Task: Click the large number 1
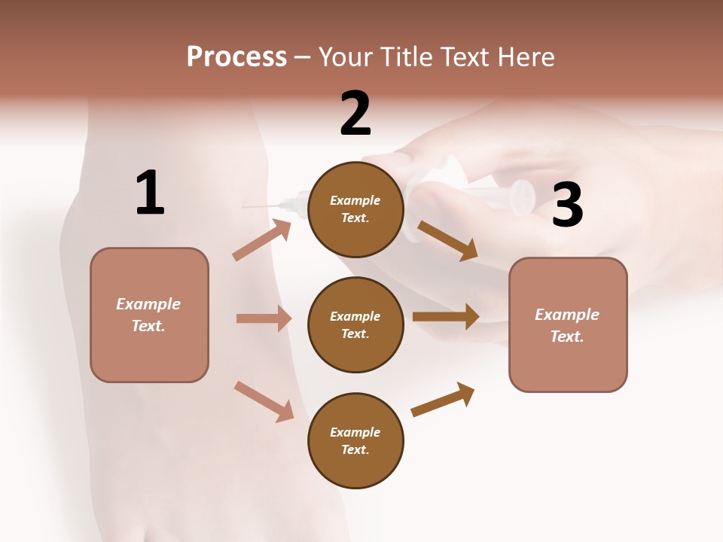[x=150, y=193]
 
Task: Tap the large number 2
[x=355, y=114]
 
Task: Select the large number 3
[x=567, y=206]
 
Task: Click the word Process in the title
[x=236, y=56]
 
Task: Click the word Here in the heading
[x=526, y=56]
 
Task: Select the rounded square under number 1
[x=149, y=315]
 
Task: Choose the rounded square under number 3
[x=568, y=324]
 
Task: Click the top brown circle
[x=355, y=209]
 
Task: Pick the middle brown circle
[x=355, y=324]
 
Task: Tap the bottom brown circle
[x=355, y=440]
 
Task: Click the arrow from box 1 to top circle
[x=261, y=240]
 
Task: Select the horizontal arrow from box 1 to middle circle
[x=264, y=318]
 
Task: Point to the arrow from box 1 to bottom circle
[x=264, y=400]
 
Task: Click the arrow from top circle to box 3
[x=447, y=239]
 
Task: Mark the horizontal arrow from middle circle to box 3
[x=446, y=316]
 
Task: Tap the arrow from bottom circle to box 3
[x=443, y=399]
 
